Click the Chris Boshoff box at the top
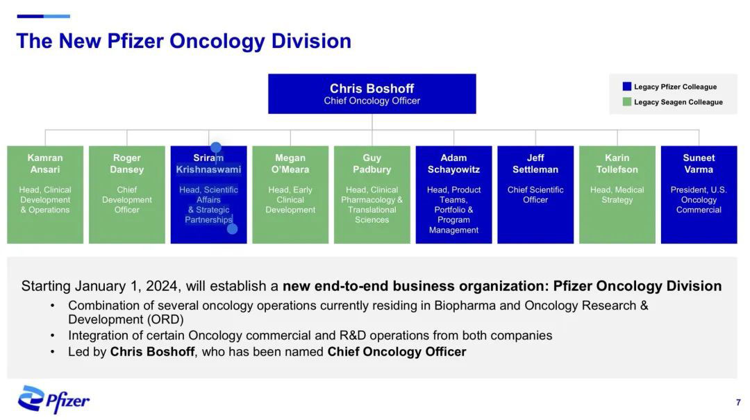click(x=372, y=94)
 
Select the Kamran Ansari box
click(x=45, y=194)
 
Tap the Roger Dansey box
click(x=127, y=194)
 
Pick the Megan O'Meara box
click(x=290, y=194)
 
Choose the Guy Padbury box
click(x=372, y=194)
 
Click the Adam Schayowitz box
click(x=453, y=194)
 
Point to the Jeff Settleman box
click(x=535, y=194)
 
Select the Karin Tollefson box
click(x=617, y=194)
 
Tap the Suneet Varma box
click(x=699, y=194)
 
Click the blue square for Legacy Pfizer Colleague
click(x=626, y=87)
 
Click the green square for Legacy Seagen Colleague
click(x=626, y=102)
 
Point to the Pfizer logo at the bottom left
click(x=53, y=399)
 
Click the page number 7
click(x=738, y=403)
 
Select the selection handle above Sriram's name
click(x=216, y=147)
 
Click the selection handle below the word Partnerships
click(x=232, y=228)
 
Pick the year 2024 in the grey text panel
click(x=162, y=286)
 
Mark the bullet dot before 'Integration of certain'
click(x=53, y=336)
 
